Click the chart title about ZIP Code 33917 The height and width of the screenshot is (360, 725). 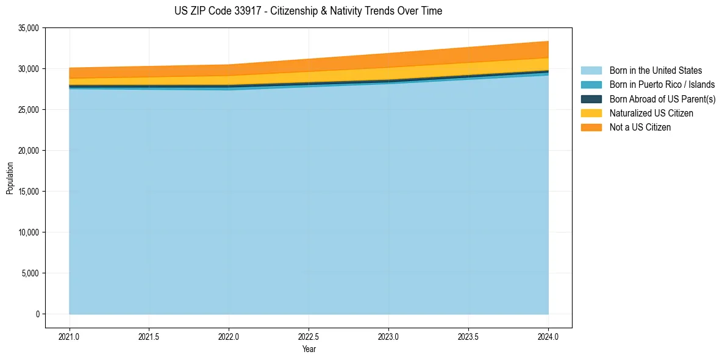308,11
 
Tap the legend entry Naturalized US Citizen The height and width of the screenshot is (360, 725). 651,113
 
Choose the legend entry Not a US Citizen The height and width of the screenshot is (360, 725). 640,128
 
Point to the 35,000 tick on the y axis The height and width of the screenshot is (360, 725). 29,28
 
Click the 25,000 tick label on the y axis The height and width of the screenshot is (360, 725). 29,110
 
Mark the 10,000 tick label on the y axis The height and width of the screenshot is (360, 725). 29,232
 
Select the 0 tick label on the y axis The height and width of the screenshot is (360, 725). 37,314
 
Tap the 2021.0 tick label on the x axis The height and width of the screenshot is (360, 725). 70,336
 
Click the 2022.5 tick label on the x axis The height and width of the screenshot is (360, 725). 309,336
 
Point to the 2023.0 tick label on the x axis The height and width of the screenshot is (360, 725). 388,336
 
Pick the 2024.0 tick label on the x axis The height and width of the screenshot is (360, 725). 548,336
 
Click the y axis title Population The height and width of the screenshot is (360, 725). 10,178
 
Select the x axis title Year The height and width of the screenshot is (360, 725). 309,350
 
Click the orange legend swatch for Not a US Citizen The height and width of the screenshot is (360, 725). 591,128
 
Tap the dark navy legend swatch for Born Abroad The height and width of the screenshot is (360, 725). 591,99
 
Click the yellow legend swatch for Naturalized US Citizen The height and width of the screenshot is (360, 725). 591,113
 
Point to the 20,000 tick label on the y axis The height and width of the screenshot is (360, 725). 29,151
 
